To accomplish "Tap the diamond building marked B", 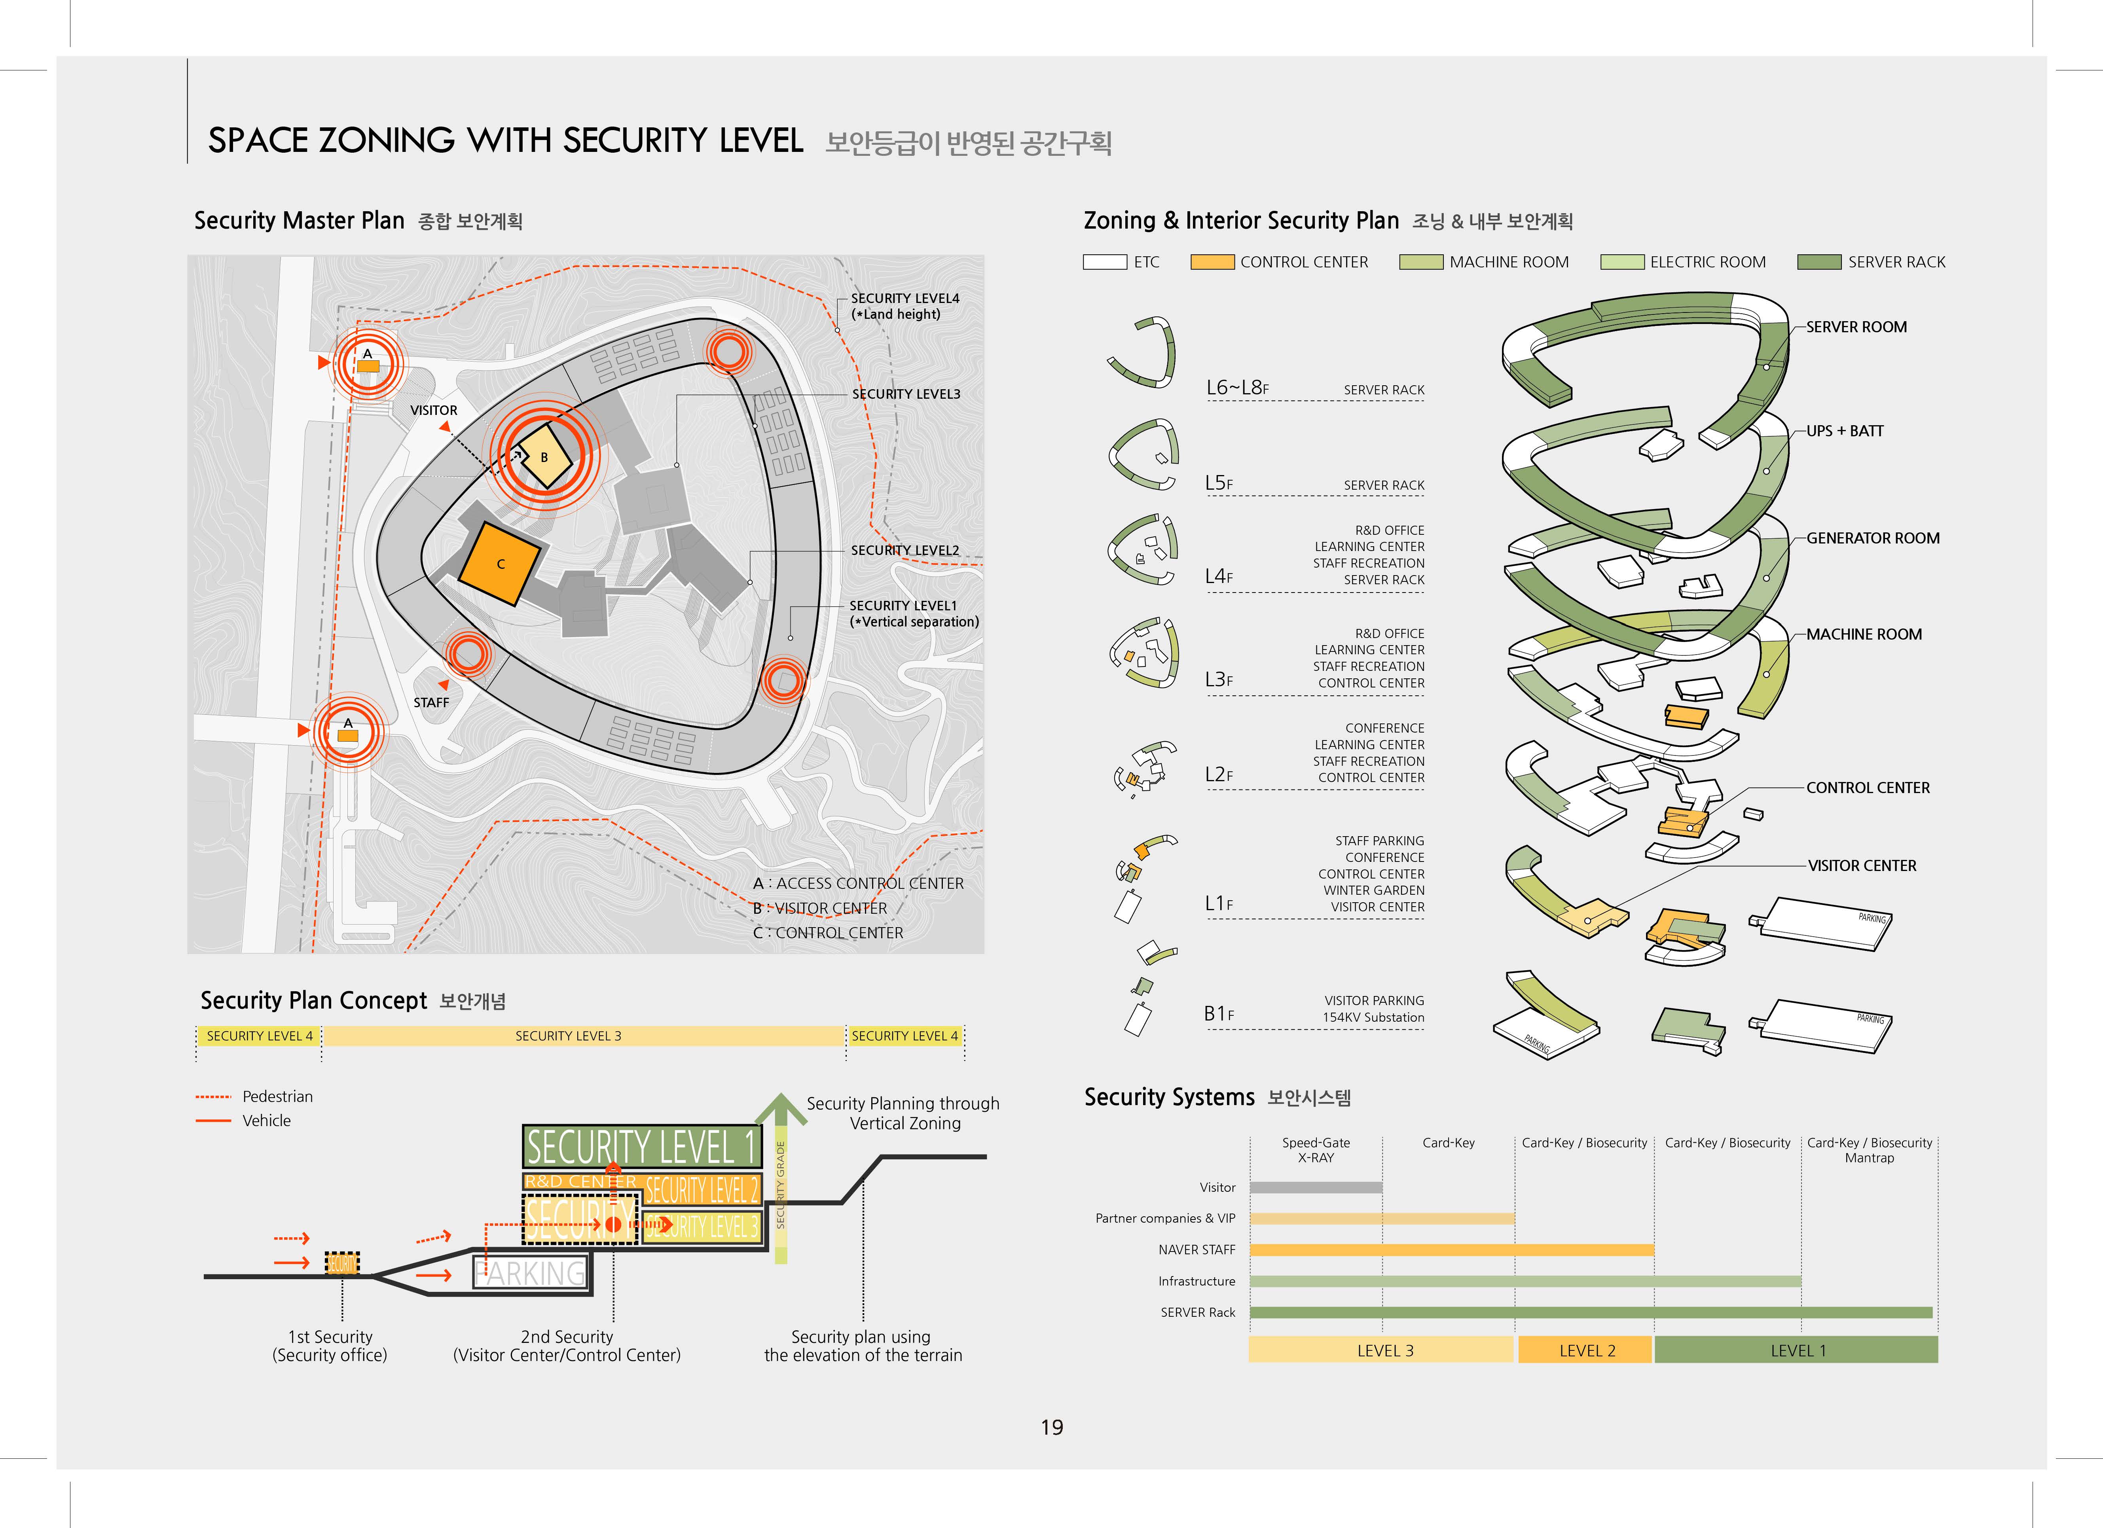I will click(x=544, y=456).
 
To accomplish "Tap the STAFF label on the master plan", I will click(x=431, y=702).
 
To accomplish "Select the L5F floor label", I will click(x=1218, y=483).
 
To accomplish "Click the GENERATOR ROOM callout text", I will click(x=1872, y=538).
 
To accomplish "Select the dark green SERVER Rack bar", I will click(x=1590, y=1312).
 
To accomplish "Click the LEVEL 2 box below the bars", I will click(x=1587, y=1350).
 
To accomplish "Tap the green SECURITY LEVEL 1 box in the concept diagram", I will click(x=642, y=1147).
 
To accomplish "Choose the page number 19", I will click(x=1052, y=1427).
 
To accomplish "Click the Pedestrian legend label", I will click(x=277, y=1096).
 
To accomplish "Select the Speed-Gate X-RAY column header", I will click(x=1316, y=1150).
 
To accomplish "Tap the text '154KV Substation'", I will click(x=1373, y=1017).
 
